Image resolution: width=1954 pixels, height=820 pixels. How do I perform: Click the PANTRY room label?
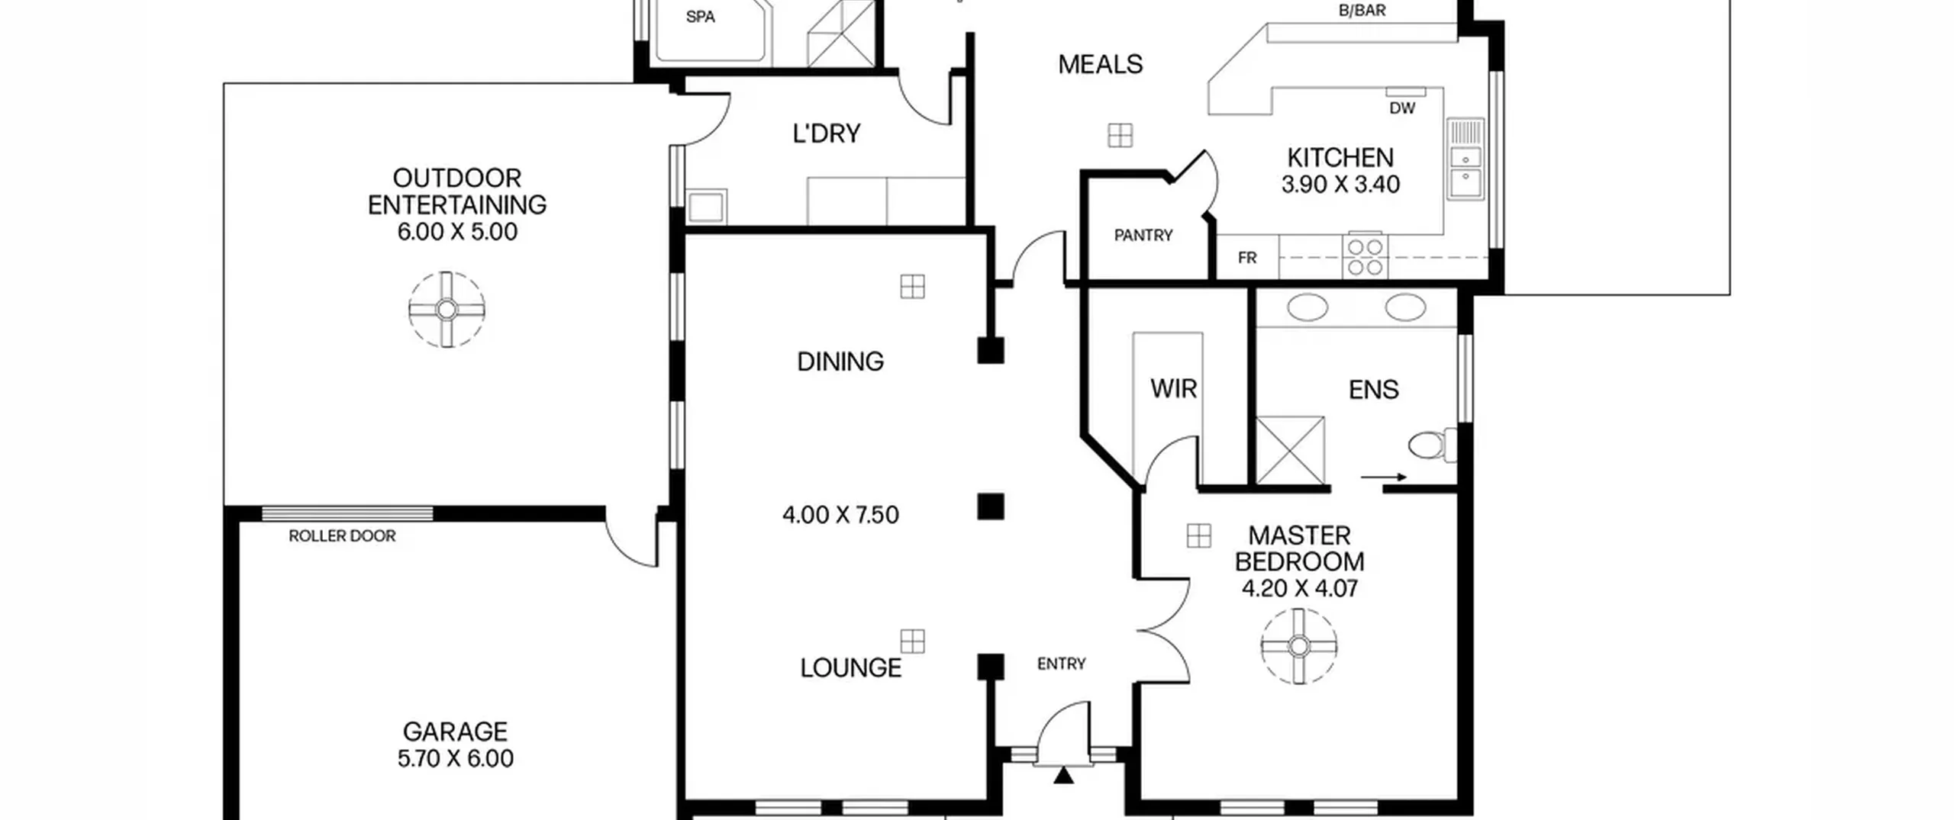pos(1143,235)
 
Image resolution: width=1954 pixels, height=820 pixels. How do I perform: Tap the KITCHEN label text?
pos(1340,158)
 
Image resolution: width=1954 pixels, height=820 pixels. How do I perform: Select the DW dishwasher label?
pos(1402,108)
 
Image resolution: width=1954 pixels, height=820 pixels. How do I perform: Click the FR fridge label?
pos(1247,258)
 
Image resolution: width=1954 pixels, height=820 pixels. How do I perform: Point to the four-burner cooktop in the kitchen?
pos(1365,256)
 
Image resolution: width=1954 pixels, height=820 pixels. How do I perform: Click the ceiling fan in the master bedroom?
pos(1298,646)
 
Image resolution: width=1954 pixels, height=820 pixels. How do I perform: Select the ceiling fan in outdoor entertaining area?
pos(447,310)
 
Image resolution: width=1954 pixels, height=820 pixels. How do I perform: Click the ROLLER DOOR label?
pos(342,536)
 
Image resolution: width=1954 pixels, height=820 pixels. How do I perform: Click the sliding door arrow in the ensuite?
pos(1384,478)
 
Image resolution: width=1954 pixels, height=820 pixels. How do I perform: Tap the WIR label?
pos(1173,389)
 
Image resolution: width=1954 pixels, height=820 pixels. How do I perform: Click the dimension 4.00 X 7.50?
pos(840,515)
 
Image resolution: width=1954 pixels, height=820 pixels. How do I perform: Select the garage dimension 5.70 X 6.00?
pos(456,759)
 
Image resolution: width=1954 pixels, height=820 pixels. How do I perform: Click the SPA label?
pos(700,17)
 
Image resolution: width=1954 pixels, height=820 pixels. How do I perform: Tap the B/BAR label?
pos(1362,11)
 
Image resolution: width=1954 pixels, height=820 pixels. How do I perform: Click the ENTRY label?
pos(1061,664)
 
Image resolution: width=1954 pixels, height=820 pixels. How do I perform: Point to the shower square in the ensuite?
pos(1291,450)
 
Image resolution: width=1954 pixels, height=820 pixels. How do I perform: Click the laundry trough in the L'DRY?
pos(706,207)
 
